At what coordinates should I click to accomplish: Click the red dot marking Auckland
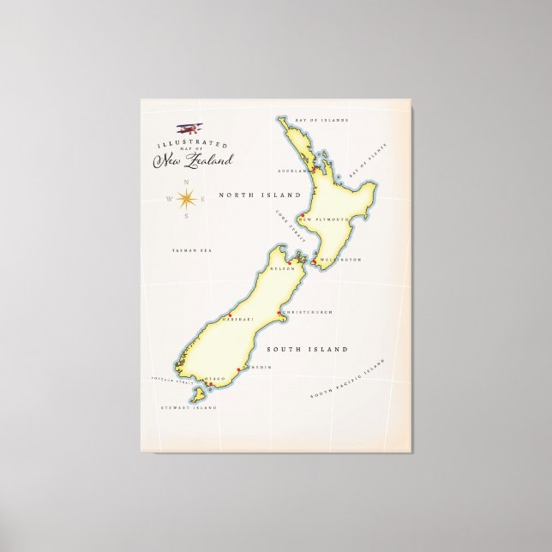314,171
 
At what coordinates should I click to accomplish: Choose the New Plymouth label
326,219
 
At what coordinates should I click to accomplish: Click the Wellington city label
341,259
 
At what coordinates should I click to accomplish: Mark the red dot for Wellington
315,259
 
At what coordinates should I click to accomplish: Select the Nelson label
282,268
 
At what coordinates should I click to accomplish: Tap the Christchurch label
307,312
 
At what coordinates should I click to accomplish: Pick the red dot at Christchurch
281,312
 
